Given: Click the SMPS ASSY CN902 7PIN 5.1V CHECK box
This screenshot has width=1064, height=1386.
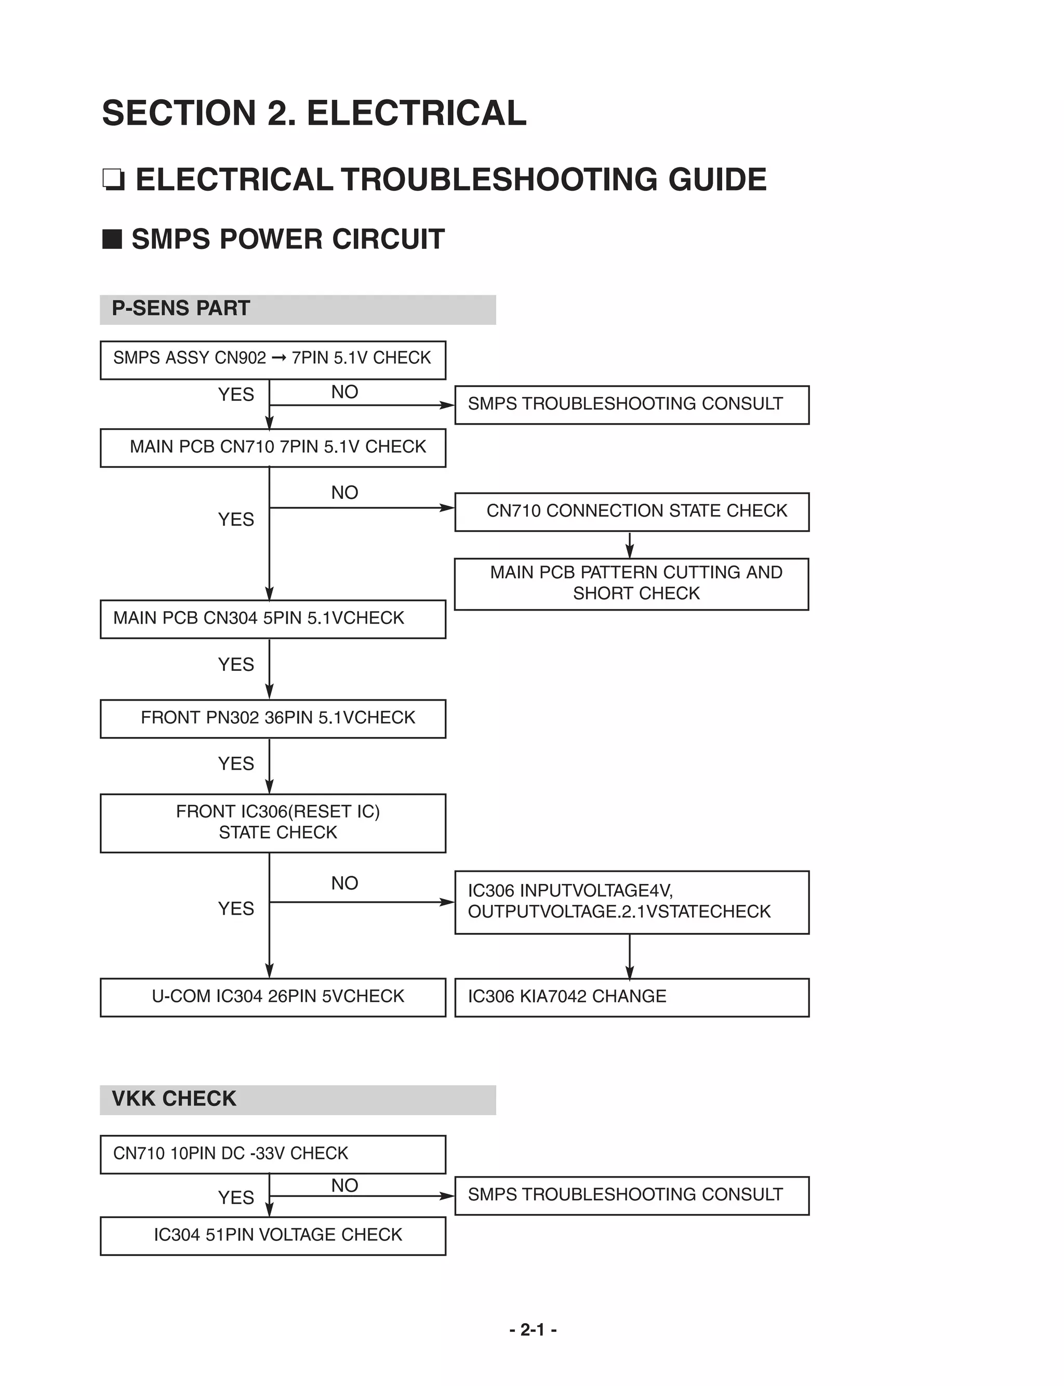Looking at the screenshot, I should pos(272,360).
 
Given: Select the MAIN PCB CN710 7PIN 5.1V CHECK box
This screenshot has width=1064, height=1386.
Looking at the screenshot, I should pos(272,448).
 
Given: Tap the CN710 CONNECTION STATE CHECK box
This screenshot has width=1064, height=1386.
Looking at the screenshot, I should pos(631,512).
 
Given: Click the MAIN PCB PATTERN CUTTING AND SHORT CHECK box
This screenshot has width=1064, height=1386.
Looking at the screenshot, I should pos(631,584).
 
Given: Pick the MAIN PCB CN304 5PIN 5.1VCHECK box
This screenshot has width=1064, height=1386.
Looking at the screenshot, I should pos(272,619).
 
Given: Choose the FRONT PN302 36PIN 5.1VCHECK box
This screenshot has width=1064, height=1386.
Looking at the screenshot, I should pos(272,718).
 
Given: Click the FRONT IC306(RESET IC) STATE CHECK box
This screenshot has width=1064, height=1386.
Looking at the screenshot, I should pos(272,823).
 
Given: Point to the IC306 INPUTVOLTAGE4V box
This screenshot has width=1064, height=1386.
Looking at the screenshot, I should pos(631,902).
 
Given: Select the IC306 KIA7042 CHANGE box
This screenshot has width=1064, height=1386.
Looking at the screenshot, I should pos(631,998).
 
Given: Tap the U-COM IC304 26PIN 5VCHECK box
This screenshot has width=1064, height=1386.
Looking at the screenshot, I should pos(272,998).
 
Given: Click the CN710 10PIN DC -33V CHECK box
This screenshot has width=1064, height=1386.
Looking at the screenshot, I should pos(272,1154).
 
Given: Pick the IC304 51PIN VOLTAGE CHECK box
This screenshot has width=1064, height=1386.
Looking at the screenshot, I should pos(272,1236).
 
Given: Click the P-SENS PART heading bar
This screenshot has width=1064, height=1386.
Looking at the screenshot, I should pos(297,309).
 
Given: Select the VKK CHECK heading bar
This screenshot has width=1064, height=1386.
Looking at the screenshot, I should pos(297,1100).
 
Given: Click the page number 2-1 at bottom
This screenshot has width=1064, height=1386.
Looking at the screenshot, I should pos(533,1330).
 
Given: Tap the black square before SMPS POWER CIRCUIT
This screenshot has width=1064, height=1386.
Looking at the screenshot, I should pos(112,240).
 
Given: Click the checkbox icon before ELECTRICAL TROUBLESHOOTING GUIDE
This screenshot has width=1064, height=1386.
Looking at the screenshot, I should pos(113,180).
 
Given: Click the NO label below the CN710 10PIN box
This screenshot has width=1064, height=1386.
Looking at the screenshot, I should pos(344,1185).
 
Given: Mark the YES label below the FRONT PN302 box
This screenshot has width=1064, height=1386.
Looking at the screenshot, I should pos(235,764).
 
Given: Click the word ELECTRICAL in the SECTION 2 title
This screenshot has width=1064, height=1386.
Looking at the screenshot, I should pos(416,113).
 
